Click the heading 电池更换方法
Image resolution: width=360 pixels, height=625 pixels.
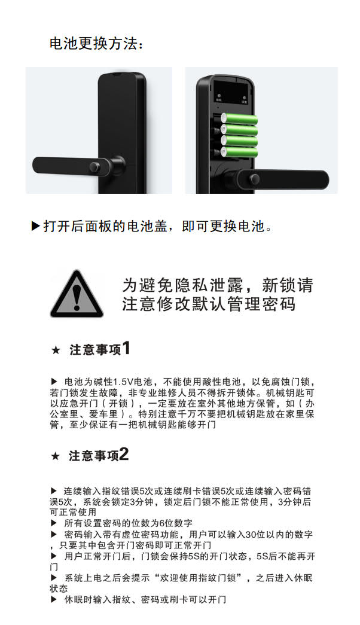point(95,44)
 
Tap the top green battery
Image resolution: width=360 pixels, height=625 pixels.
point(239,119)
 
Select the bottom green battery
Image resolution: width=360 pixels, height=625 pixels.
point(239,153)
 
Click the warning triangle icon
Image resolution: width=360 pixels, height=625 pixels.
point(77,295)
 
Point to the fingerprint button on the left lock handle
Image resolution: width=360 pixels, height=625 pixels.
point(95,167)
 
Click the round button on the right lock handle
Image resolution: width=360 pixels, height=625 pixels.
point(254,179)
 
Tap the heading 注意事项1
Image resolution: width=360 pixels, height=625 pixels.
point(100,349)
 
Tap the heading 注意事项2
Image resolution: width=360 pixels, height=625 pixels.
point(99,455)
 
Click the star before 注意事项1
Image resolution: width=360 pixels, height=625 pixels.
point(56,350)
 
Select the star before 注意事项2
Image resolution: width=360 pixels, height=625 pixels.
point(56,456)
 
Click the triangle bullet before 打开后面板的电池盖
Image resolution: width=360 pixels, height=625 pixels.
point(36,226)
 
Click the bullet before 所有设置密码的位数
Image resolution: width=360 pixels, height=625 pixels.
point(54,523)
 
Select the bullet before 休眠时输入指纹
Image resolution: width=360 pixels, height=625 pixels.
point(54,599)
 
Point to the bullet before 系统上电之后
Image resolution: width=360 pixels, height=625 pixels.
point(54,578)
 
